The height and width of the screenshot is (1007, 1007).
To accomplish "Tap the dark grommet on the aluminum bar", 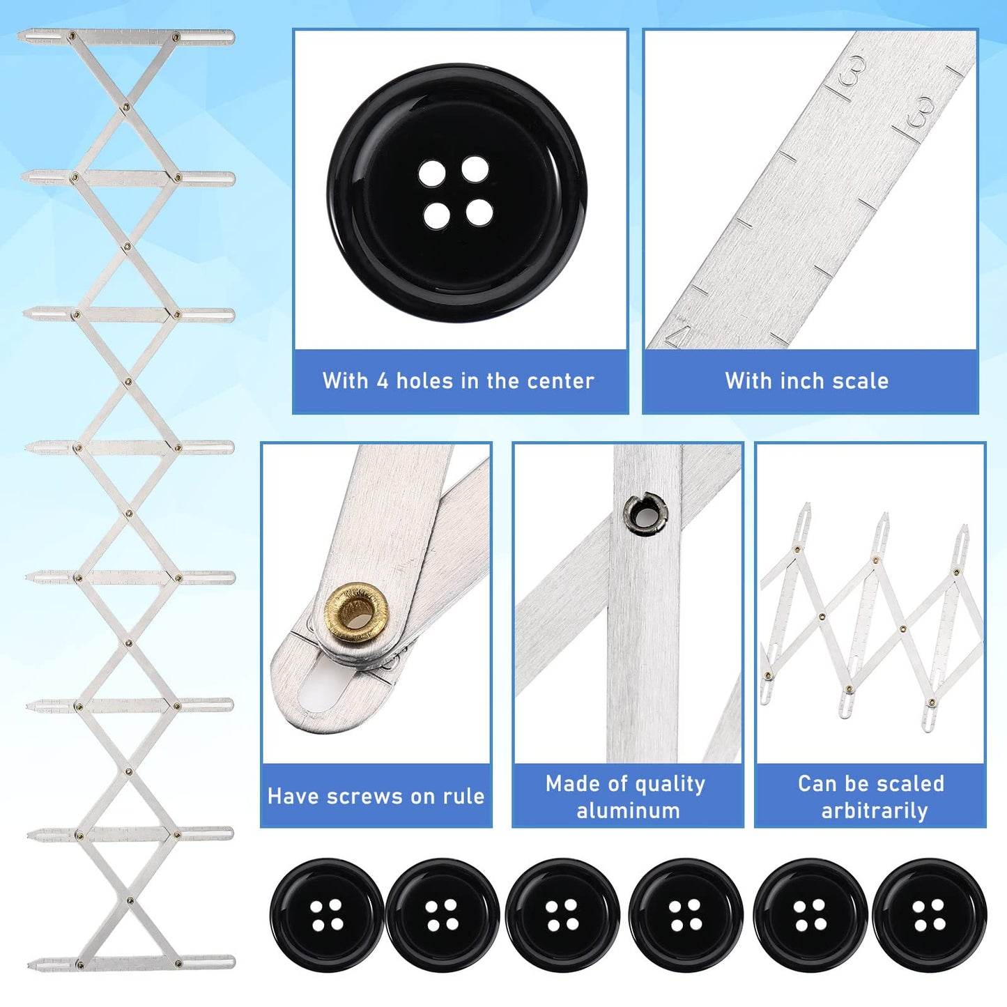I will (x=645, y=514).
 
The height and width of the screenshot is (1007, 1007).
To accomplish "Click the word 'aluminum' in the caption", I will (x=628, y=810).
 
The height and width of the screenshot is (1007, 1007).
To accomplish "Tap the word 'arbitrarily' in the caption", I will (x=874, y=810).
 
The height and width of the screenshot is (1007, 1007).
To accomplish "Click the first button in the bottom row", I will (x=327, y=915).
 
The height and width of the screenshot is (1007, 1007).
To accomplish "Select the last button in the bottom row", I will (x=929, y=915).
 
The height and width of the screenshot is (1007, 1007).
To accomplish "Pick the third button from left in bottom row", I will (x=562, y=915).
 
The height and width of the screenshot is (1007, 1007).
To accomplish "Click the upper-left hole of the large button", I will (x=432, y=174).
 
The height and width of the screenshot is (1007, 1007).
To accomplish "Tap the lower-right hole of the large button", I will (x=479, y=213).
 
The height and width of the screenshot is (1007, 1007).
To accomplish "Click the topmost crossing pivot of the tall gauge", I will (x=125, y=107).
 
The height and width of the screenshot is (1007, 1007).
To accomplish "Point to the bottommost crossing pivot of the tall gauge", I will (x=130, y=900).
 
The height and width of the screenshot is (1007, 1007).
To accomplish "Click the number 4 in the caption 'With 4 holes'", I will (x=382, y=380).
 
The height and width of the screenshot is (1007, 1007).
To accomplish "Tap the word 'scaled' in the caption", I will (x=912, y=784).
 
